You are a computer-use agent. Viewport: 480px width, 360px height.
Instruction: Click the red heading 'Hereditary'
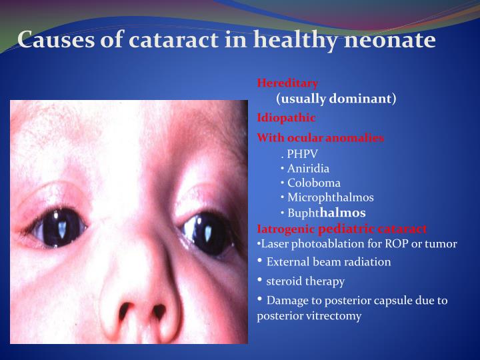[x=287, y=83]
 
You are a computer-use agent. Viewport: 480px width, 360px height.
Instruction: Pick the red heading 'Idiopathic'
[x=286, y=118]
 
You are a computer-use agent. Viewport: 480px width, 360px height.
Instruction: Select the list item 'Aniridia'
[x=308, y=169]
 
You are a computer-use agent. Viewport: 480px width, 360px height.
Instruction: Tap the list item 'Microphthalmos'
[x=330, y=198]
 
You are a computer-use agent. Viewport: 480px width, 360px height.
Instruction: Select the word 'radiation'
[x=367, y=262]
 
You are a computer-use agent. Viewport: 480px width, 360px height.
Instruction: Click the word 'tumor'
[x=443, y=244]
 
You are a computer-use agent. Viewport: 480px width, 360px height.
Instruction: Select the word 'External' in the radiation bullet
[x=286, y=262]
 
